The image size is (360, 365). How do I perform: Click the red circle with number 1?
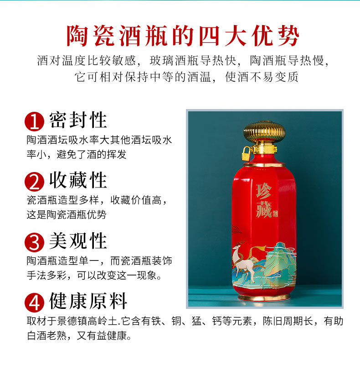coord(35,121)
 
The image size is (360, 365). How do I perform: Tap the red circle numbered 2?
coord(35,182)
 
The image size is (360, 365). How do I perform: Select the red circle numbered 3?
coord(35,242)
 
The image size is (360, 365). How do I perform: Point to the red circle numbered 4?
coord(35,302)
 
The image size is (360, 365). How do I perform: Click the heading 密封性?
coord(78,120)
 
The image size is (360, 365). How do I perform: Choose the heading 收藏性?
coord(78,180)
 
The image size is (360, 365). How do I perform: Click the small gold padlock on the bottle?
coord(247,154)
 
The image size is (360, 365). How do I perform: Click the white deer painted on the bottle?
coord(244,261)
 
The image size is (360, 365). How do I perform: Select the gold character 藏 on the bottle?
coord(264,209)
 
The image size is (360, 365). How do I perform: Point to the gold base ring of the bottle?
coord(264,297)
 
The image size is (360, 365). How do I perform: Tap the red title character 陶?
coord(77,36)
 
